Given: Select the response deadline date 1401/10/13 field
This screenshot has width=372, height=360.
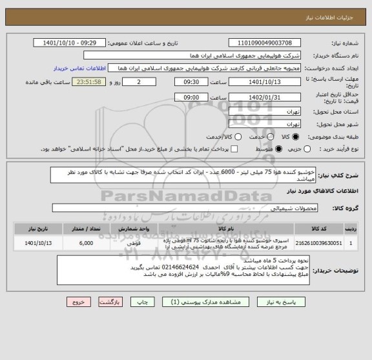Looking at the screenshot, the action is point(265,82).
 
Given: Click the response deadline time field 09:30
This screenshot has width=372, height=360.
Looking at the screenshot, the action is point(193,82).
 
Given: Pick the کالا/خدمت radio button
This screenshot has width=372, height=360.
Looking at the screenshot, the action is point(220,137).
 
